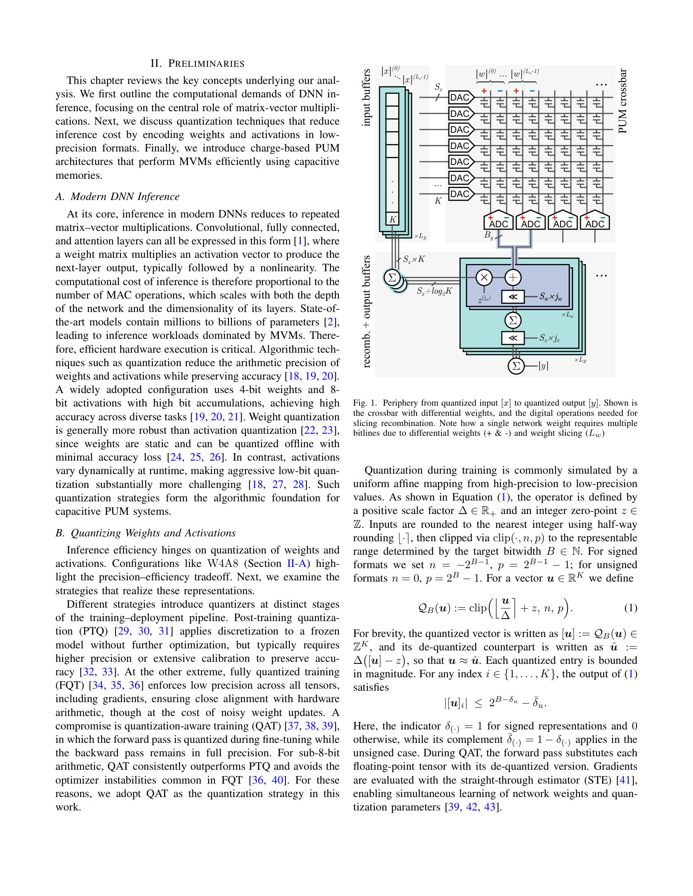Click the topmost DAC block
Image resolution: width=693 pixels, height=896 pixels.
pyautogui.click(x=460, y=97)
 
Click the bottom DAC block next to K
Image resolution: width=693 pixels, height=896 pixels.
pyautogui.click(x=460, y=193)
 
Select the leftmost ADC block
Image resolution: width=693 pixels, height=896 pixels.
pyautogui.click(x=499, y=222)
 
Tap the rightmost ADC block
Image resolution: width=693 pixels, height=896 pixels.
pyautogui.click(x=594, y=222)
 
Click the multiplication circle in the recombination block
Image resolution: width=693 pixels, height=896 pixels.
pyautogui.click(x=484, y=277)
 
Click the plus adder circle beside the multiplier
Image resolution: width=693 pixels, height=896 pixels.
pyautogui.click(x=513, y=277)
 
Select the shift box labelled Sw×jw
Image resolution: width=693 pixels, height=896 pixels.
pyautogui.click(x=513, y=296)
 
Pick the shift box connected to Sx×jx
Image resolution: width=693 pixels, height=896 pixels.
pyautogui.click(x=513, y=338)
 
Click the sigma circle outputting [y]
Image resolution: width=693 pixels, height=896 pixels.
pyautogui.click(x=516, y=366)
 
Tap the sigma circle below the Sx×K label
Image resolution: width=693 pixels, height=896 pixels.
pyautogui.click(x=392, y=277)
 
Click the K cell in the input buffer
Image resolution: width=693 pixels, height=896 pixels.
pyautogui.click(x=393, y=219)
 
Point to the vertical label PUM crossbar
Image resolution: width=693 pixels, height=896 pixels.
pyautogui.click(x=622, y=101)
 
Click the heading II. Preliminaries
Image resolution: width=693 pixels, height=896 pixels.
pyautogui.click(x=197, y=63)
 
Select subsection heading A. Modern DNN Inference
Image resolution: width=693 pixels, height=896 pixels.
pyautogui.click(x=117, y=197)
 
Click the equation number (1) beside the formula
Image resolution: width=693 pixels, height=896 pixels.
pyautogui.click(x=630, y=608)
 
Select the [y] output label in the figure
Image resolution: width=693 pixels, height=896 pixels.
pyautogui.click(x=543, y=366)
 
